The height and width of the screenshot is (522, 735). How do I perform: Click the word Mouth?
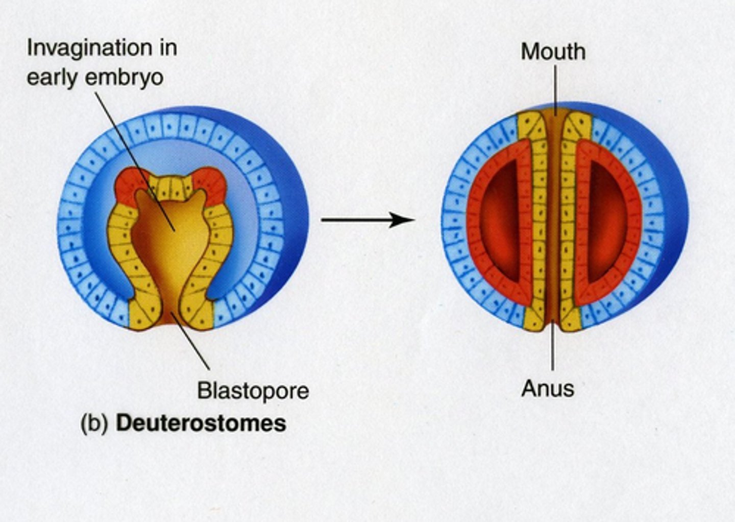click(553, 52)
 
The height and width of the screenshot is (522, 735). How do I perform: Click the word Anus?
click(548, 389)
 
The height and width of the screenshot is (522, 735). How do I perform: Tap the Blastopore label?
click(253, 391)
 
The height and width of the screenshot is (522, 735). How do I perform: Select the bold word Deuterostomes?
click(201, 423)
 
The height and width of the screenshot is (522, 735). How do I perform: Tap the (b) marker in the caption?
click(94, 424)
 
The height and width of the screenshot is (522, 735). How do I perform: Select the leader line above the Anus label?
click(552, 352)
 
